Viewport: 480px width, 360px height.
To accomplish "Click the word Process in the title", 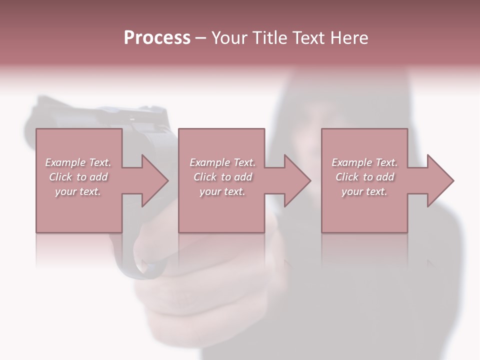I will click(157, 38).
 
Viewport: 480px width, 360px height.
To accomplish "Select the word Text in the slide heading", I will click(308, 38).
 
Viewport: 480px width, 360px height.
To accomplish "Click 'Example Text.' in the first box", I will click(78, 162).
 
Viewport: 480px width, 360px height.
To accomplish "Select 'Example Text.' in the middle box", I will click(222, 162).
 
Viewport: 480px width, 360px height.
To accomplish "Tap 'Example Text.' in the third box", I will click(364, 162).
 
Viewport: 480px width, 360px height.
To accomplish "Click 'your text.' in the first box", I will click(78, 191).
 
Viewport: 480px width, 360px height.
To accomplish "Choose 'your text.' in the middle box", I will click(222, 191).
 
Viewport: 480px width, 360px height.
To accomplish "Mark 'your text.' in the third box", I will click(364, 191).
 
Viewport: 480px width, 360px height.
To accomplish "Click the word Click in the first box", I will click(60, 177).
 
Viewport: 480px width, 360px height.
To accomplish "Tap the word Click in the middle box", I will click(205, 177).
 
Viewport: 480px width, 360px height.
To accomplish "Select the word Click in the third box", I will click(347, 177).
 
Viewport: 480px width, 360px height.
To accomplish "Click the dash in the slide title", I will click(201, 38).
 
